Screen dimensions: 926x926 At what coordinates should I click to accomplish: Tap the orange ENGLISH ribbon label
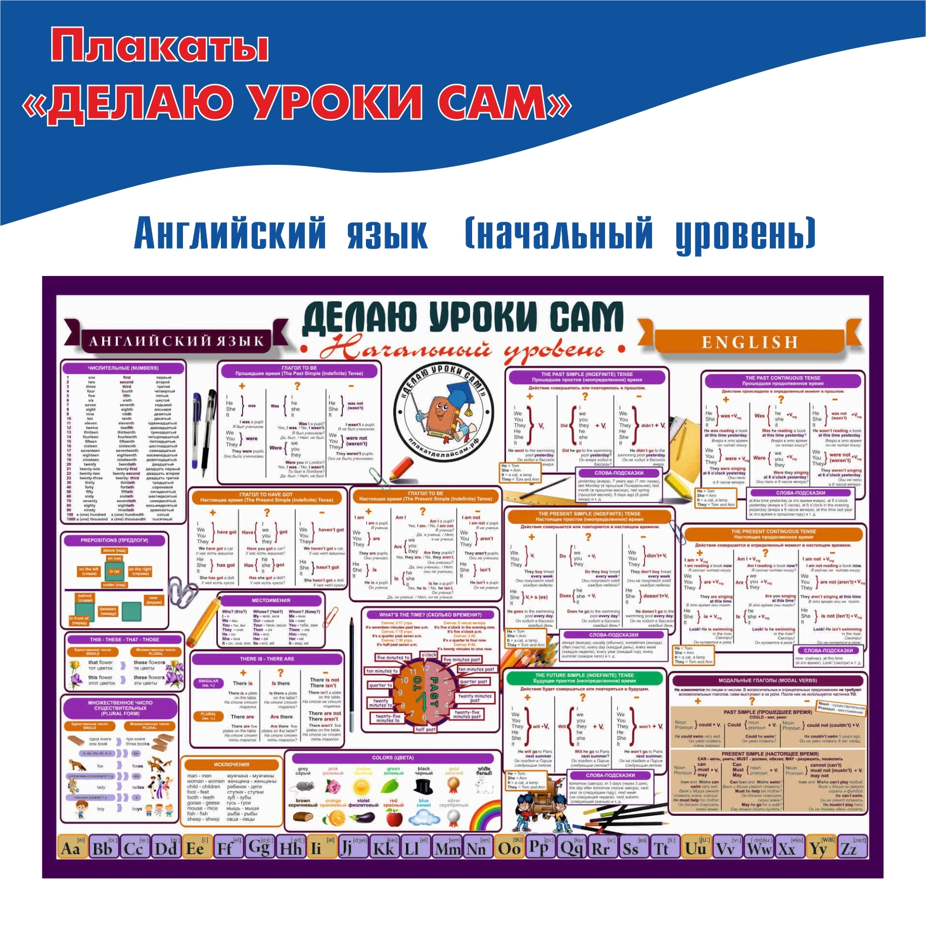[750, 343]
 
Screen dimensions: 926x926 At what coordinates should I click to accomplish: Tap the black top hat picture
[423, 786]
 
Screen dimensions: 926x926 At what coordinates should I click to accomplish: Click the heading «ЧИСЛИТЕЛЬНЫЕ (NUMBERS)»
[123, 368]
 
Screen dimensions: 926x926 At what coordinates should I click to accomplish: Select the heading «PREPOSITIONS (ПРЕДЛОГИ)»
[114, 540]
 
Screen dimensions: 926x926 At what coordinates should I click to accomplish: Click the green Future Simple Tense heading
[584, 678]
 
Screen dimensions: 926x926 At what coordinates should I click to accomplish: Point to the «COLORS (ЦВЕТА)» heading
[393, 758]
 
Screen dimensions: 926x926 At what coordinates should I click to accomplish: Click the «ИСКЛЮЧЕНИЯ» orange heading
[231, 764]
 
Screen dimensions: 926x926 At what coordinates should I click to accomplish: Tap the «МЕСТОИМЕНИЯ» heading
[271, 600]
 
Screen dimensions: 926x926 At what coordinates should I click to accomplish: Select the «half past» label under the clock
[425, 729]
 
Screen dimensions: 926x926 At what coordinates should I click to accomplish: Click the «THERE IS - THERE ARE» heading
[267, 659]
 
